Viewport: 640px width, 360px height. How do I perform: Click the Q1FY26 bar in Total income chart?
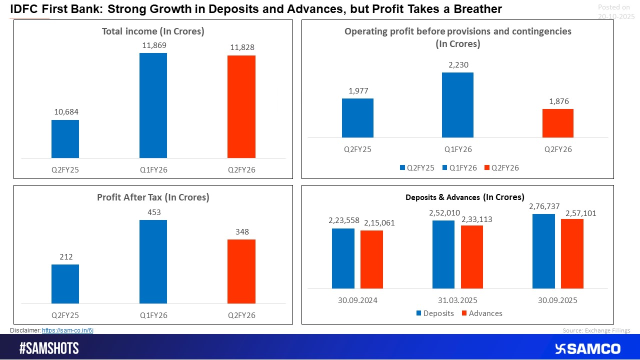point(153,105)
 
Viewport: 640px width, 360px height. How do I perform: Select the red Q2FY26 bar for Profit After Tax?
point(241,271)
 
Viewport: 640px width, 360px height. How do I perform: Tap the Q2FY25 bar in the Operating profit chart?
point(357,118)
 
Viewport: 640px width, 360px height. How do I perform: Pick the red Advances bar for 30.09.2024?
point(371,259)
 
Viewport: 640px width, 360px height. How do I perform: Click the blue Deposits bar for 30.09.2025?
point(543,251)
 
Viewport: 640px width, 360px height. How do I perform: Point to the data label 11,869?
point(154,45)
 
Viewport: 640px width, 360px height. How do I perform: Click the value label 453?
point(153,212)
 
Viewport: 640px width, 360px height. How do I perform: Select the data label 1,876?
point(558,101)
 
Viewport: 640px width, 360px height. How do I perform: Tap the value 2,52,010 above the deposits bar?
point(444,213)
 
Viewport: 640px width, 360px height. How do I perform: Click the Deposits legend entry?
point(435,313)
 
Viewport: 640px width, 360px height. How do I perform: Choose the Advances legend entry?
point(481,313)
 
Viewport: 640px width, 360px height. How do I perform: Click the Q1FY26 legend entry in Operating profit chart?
point(459,168)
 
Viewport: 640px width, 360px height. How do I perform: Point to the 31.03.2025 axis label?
point(457,300)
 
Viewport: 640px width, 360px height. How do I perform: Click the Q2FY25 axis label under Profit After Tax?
point(65,315)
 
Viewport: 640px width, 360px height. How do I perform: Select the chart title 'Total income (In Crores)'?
point(153,31)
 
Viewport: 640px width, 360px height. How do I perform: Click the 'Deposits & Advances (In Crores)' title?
point(464,197)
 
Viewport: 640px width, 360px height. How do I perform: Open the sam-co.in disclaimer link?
point(67,330)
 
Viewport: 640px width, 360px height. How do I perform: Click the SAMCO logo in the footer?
point(587,348)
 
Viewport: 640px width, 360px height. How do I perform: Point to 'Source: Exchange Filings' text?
point(596,330)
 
